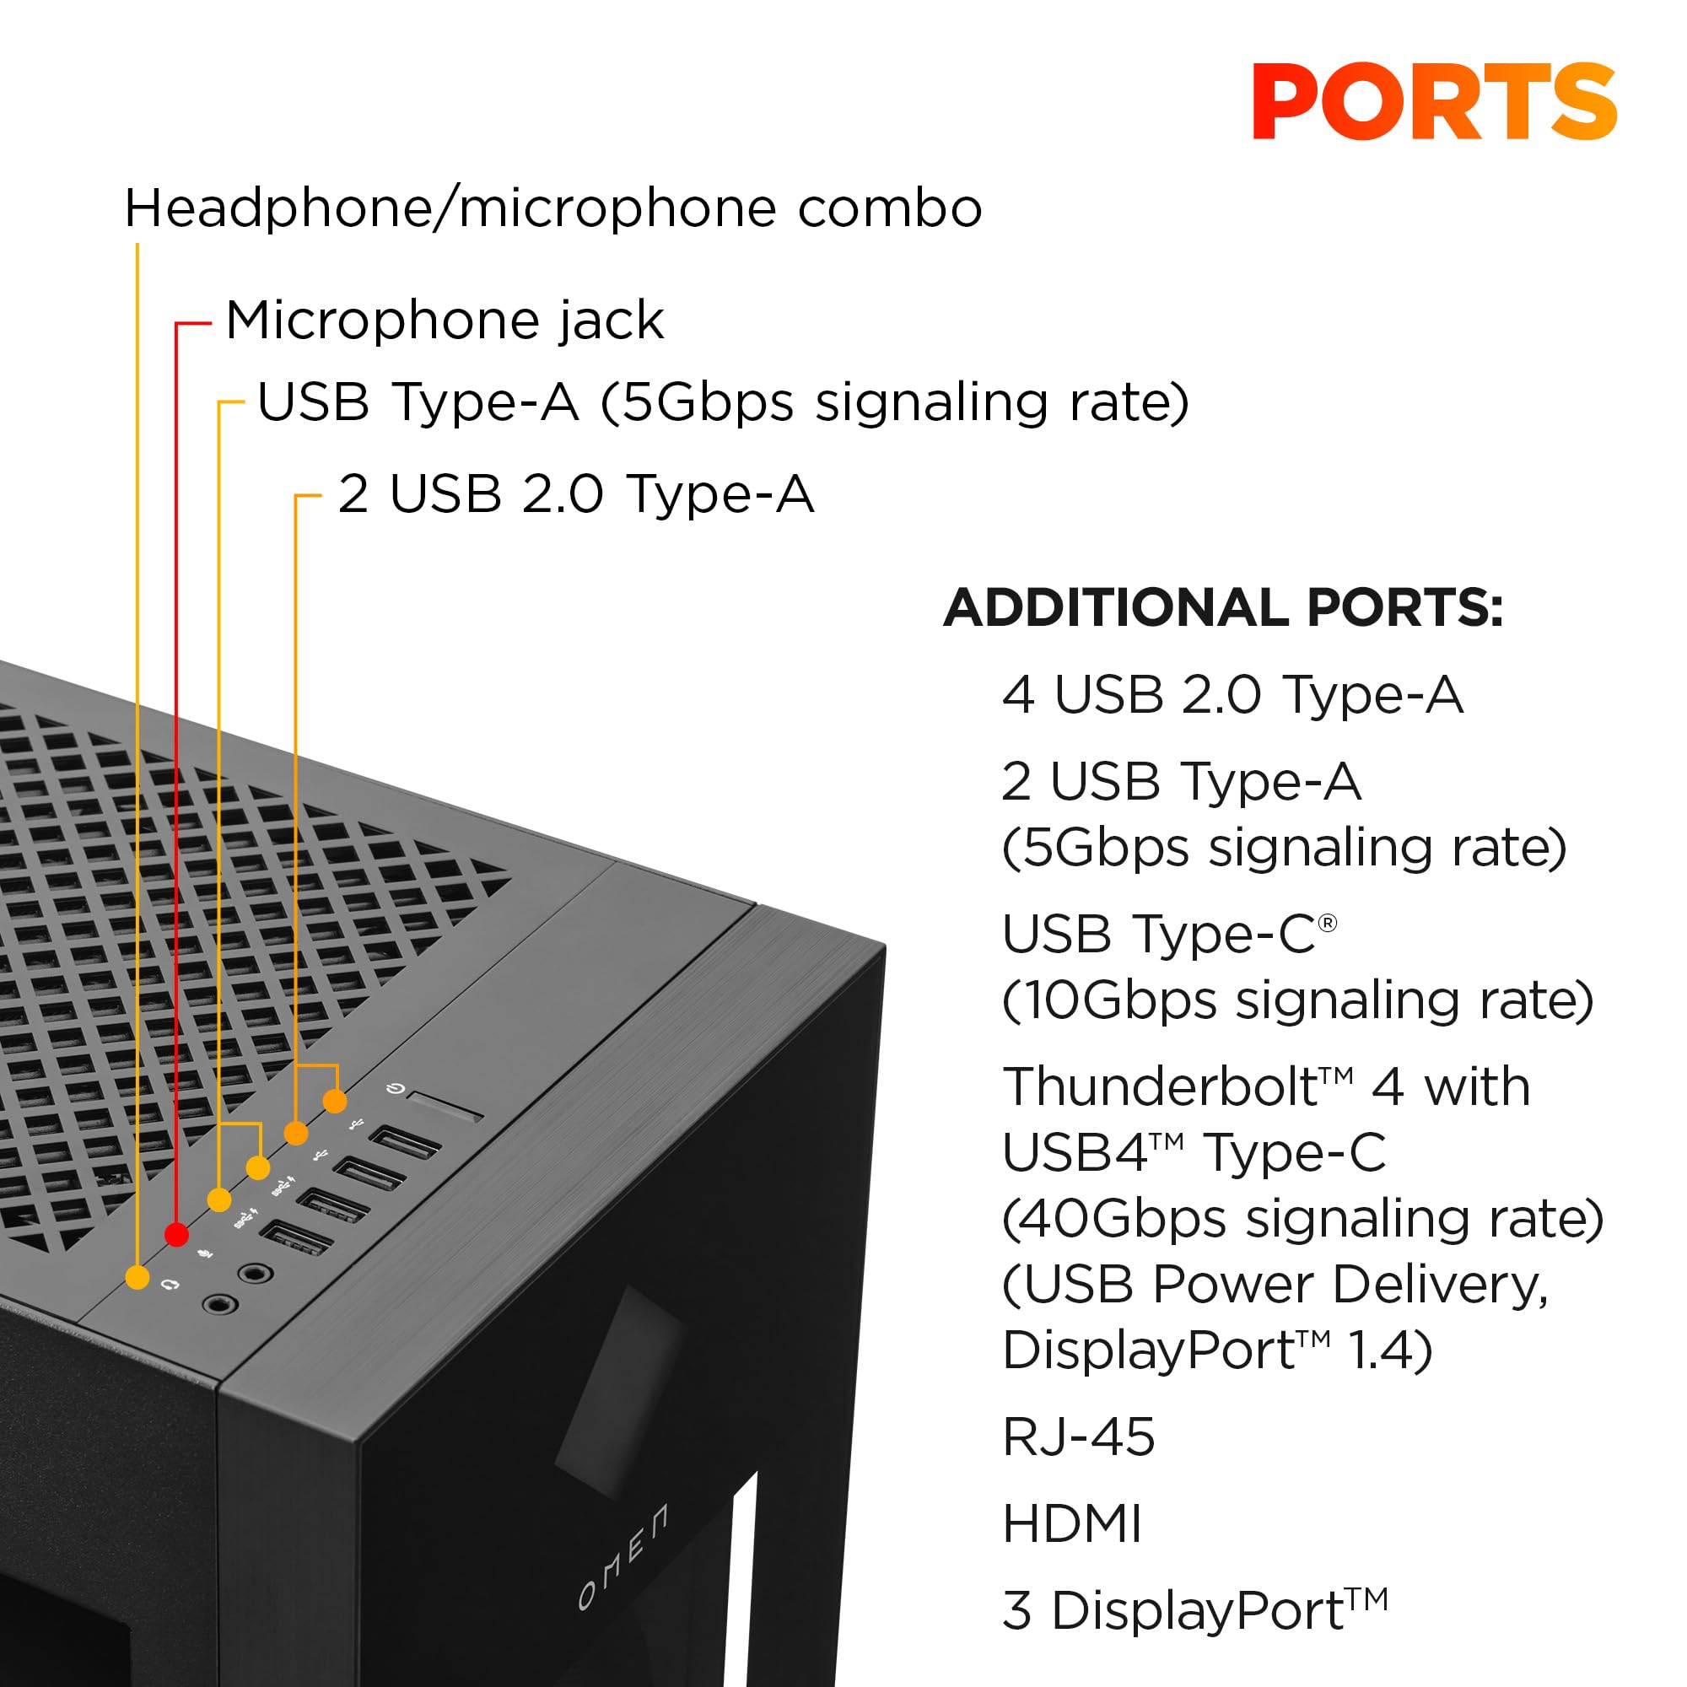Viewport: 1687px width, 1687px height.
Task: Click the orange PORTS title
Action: pos(1434,102)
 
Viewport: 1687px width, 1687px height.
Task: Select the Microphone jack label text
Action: pos(445,321)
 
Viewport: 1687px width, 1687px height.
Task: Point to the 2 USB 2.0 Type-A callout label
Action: pos(575,494)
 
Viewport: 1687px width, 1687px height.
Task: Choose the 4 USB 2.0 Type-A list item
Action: pos(1232,695)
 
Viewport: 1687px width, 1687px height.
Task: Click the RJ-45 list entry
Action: pos(1078,1436)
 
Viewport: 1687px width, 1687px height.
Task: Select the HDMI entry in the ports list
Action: pos(1071,1523)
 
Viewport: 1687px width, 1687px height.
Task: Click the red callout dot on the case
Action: pos(176,1234)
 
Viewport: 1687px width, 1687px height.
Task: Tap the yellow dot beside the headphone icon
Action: pos(137,1277)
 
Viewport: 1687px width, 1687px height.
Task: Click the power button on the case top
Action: pos(445,1107)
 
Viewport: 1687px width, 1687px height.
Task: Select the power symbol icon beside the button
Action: pos(396,1089)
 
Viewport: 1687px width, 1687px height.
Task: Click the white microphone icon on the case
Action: pos(205,1252)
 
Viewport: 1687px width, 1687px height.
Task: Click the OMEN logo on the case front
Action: pos(623,1557)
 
